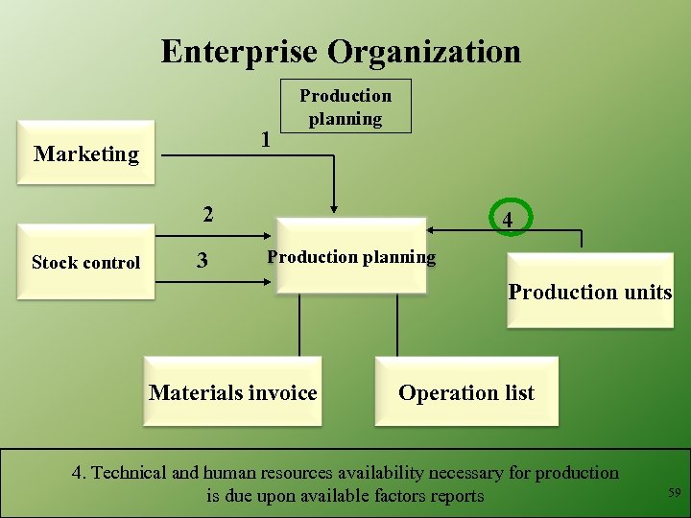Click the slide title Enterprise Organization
pyautogui.click(x=341, y=51)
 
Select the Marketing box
pyautogui.click(x=86, y=153)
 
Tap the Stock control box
pyautogui.click(x=85, y=262)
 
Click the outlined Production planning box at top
pyautogui.click(x=345, y=106)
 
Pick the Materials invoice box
pyautogui.click(x=232, y=392)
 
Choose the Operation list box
pyautogui.click(x=466, y=392)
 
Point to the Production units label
pyautogui.click(x=589, y=292)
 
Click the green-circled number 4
pyautogui.click(x=508, y=221)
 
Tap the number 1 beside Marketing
pyautogui.click(x=266, y=139)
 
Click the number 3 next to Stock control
pyautogui.click(x=202, y=261)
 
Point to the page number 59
pyautogui.click(x=674, y=493)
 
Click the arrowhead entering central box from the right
pyautogui.click(x=432, y=230)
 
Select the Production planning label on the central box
pyautogui.click(x=351, y=257)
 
